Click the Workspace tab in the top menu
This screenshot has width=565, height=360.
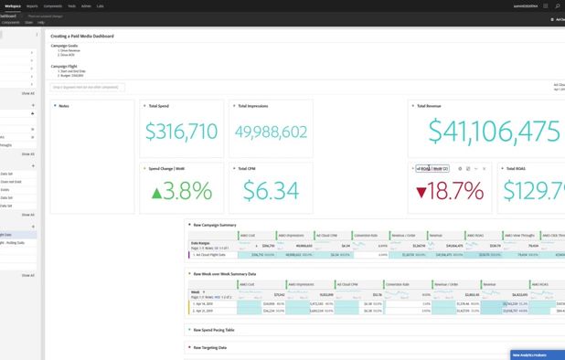(x=13, y=5)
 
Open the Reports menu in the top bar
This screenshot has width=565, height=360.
(x=32, y=5)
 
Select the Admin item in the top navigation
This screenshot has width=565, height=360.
(x=86, y=5)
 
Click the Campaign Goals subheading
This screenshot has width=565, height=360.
(x=65, y=45)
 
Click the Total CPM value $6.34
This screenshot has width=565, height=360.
(x=271, y=191)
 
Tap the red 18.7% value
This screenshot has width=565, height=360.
(x=449, y=191)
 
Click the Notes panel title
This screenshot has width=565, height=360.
(x=64, y=106)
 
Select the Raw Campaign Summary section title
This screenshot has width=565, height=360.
(x=215, y=224)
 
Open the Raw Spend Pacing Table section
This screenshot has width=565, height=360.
(x=213, y=329)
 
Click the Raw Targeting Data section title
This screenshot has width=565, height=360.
(x=210, y=347)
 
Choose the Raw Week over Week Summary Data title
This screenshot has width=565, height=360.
(x=224, y=273)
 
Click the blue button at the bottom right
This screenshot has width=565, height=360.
(x=537, y=355)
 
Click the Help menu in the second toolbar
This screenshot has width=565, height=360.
(x=41, y=22)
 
